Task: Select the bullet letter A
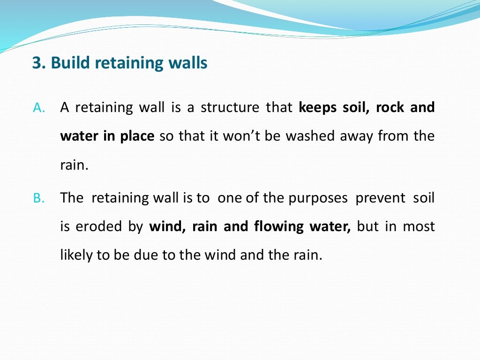[38, 108]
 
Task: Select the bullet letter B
[38, 198]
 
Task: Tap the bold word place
[137, 136]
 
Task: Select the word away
[350, 136]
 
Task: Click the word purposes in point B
[316, 198]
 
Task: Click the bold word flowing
[279, 227]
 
